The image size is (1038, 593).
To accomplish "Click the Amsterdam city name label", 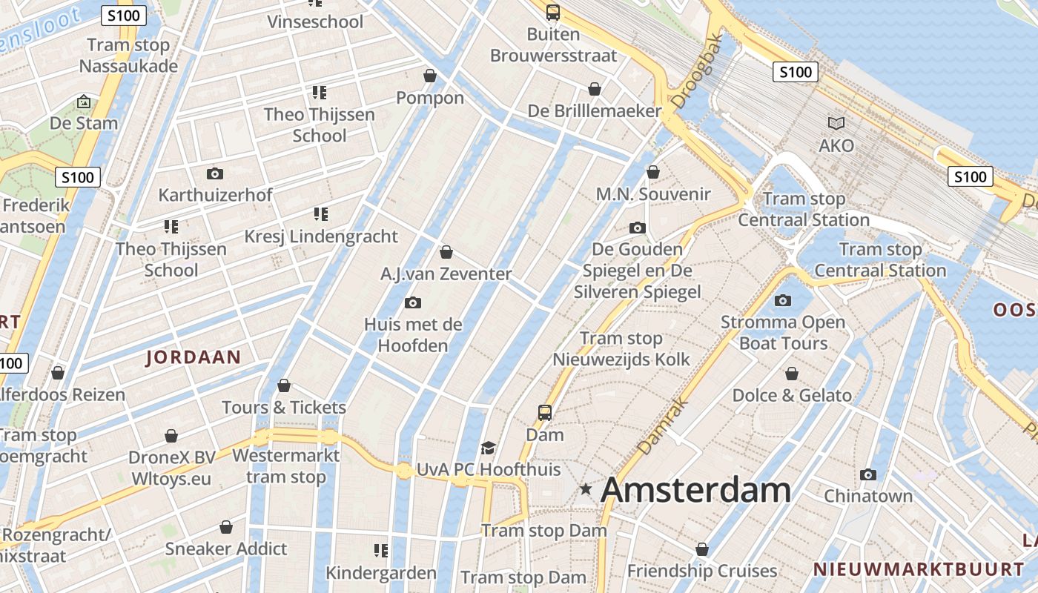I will pos(695,490).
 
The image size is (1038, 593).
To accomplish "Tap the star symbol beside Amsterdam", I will pos(586,488).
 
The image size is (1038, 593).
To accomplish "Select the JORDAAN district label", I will pos(193,357).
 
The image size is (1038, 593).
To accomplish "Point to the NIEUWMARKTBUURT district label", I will pos(919,569).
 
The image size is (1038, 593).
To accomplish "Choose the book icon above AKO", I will pos(836,123).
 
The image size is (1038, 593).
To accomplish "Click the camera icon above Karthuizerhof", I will pos(215,173).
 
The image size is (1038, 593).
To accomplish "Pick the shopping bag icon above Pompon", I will pos(430,76).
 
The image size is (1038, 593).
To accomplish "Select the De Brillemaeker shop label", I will pos(594,111).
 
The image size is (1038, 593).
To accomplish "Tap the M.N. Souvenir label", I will pos(653,194).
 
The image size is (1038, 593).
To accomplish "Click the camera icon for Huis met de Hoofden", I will pos(413,302).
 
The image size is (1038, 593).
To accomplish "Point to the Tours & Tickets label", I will pos(284,407).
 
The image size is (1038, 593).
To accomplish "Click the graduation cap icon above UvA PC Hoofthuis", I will pos(488,448).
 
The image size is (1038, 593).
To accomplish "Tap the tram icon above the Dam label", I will pos(545,412).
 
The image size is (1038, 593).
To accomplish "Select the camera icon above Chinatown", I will pos(868,474).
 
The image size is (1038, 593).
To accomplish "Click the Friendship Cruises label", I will pos(701,571).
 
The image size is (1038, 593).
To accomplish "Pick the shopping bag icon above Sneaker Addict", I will pos(226,527).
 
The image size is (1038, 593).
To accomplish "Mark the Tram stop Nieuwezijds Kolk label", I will pos(621,349).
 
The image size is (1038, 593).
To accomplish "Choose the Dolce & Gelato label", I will pos(792,395).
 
